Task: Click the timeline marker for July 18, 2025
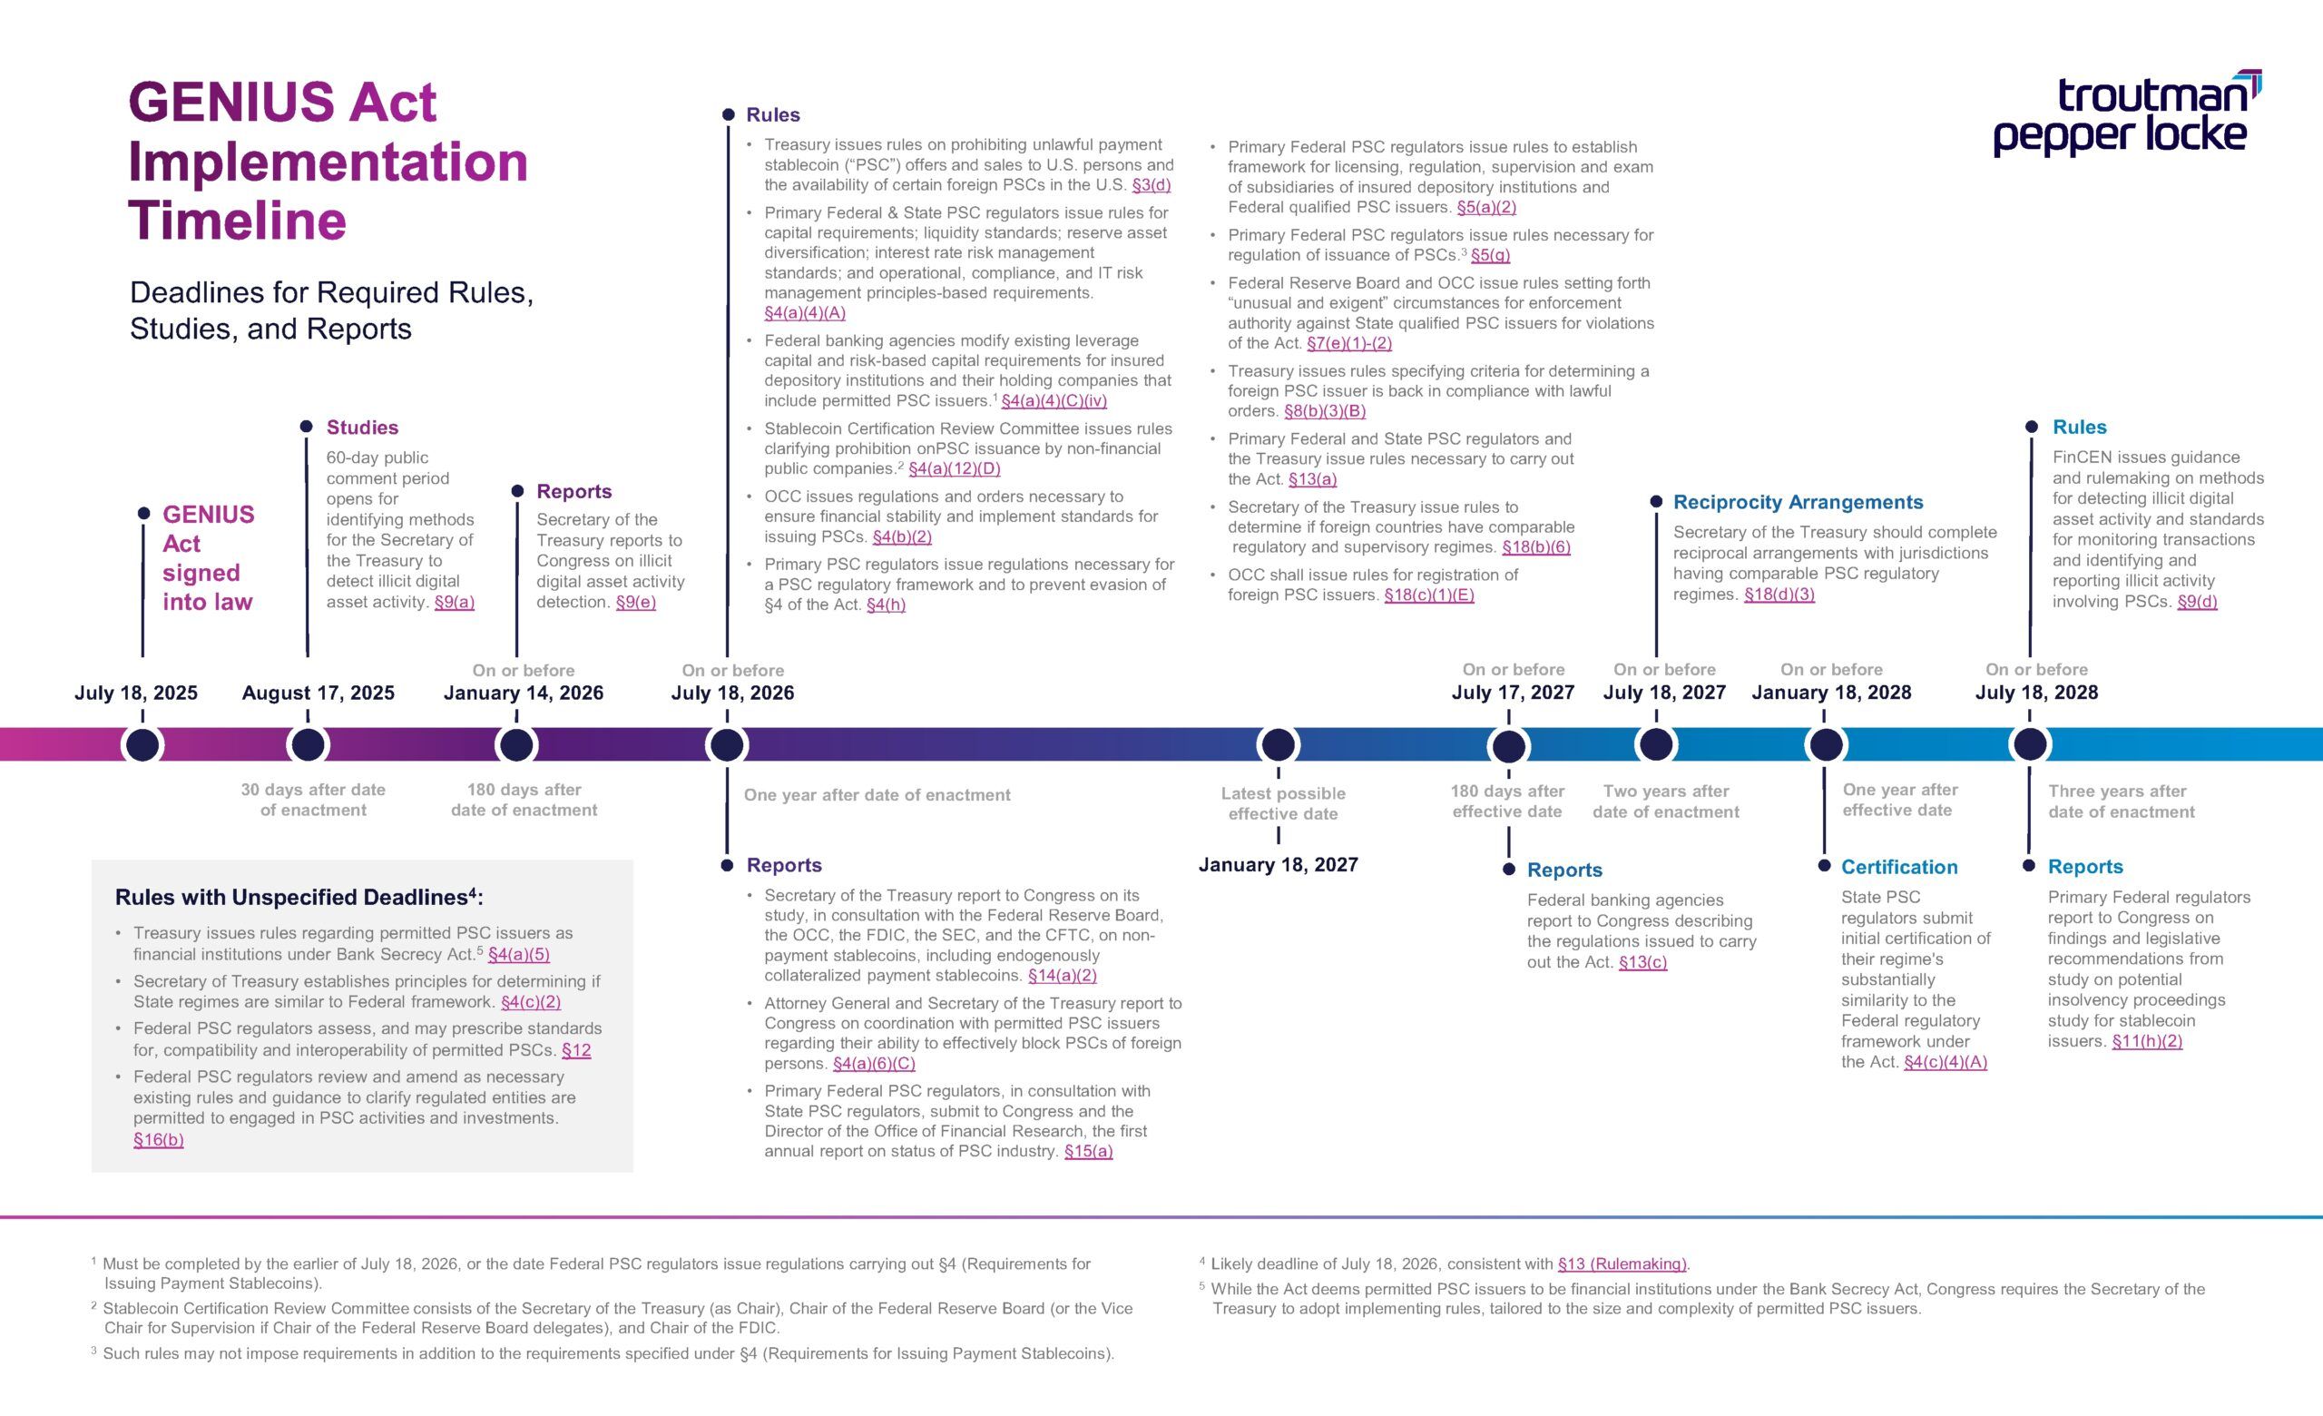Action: pos(142,745)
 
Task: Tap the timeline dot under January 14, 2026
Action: pos(515,745)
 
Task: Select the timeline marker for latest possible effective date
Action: pos(1278,745)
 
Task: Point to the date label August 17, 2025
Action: pos(318,693)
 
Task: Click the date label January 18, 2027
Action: pos(1278,864)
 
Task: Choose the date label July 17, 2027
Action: pos(1512,693)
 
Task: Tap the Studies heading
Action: pos(362,427)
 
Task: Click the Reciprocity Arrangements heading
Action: pos(1797,503)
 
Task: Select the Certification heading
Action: pos(1898,868)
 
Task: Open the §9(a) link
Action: pos(454,603)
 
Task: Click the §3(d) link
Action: pos(1152,186)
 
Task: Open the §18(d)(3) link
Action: pos(1779,595)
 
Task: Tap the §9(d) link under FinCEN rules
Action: pos(2197,603)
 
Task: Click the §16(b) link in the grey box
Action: pos(159,1140)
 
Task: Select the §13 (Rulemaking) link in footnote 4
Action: pos(1622,1264)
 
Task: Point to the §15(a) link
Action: pos(1088,1151)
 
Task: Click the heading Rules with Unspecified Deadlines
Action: pos(298,898)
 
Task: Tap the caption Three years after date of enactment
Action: pos(2121,801)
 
